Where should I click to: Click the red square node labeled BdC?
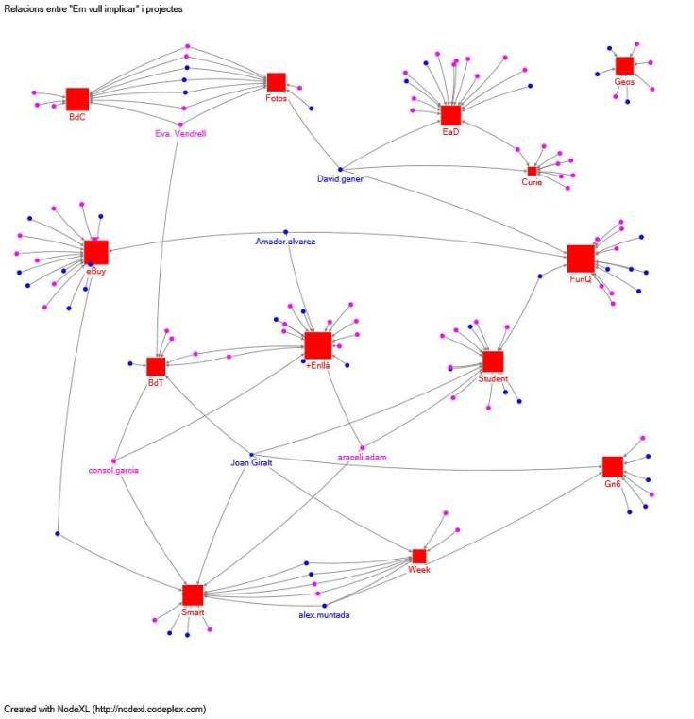point(77,98)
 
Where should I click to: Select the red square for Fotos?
point(276,82)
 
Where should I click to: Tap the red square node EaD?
point(450,115)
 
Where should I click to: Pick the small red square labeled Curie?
point(533,171)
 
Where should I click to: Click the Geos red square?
point(624,65)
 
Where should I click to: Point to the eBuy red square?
point(95,252)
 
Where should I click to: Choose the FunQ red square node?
point(581,259)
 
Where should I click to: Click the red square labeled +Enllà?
point(318,345)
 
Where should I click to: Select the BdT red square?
point(156,366)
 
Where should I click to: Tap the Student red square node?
point(492,361)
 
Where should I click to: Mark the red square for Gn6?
point(613,466)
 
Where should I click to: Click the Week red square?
point(419,557)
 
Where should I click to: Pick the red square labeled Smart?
point(193,594)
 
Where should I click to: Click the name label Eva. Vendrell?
point(179,133)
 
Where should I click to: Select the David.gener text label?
point(340,177)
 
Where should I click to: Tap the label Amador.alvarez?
point(285,242)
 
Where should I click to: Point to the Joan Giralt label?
point(252,463)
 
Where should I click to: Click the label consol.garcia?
point(113,470)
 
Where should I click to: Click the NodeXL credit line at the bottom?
point(104,708)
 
